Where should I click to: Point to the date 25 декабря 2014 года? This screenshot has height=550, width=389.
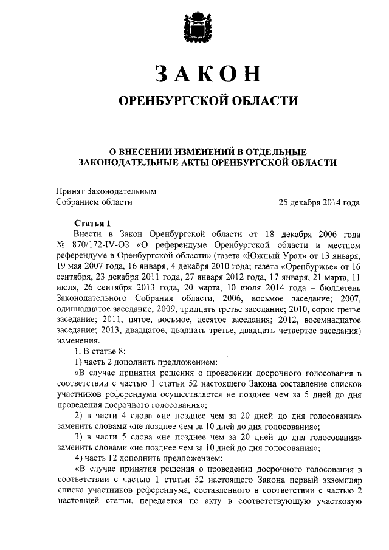click(318, 202)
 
